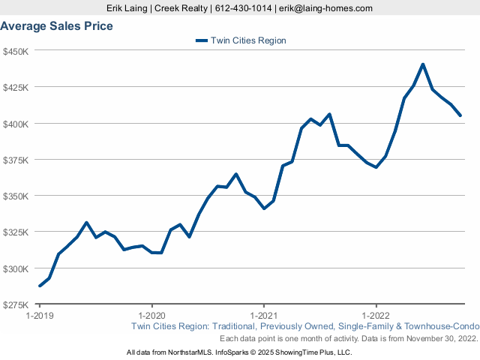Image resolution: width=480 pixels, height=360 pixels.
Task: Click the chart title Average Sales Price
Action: pyautogui.click(x=57, y=26)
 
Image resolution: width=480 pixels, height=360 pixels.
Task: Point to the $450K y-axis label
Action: pyautogui.click(x=16, y=51)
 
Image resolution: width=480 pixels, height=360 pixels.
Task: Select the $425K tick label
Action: pyautogui.click(x=16, y=87)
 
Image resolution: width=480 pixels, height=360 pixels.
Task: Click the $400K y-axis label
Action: pyautogui.click(x=16, y=123)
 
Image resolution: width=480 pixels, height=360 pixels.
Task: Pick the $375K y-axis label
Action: pyautogui.click(x=16, y=160)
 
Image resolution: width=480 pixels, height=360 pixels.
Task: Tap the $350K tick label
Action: pyautogui.click(x=16, y=196)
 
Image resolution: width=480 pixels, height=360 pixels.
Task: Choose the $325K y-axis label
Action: pyautogui.click(x=16, y=232)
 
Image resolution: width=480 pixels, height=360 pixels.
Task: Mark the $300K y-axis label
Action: pyautogui.click(x=16, y=268)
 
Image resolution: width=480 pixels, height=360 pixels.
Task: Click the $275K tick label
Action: pyautogui.click(x=16, y=304)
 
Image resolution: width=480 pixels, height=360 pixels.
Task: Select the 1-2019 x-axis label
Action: pyautogui.click(x=40, y=316)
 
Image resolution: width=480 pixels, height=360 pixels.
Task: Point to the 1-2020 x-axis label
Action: pyautogui.click(x=152, y=316)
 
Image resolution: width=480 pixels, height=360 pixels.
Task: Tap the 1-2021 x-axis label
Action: pyautogui.click(x=264, y=316)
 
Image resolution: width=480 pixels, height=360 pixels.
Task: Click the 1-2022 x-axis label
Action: pyautogui.click(x=376, y=316)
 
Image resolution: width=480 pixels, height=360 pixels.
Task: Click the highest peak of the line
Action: pyautogui.click(x=423, y=64)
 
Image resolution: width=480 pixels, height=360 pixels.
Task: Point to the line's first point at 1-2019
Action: pyautogui.click(x=40, y=286)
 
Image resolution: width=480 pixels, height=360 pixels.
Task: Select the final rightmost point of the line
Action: pyautogui.click(x=460, y=115)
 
